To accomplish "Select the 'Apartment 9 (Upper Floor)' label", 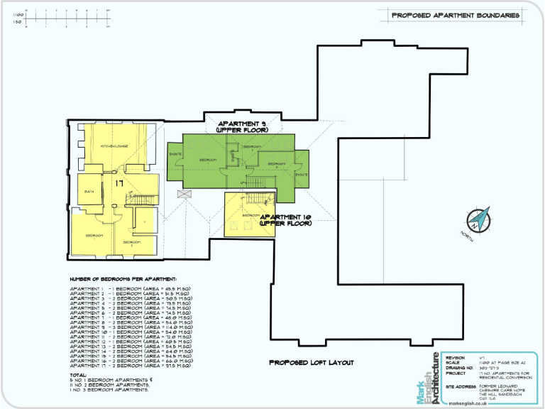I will click(243, 126).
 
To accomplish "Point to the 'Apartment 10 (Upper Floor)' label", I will click(286, 219).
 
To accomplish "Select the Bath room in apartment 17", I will click(89, 191).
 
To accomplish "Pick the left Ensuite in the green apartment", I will click(175, 153).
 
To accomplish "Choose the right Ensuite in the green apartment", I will click(301, 175).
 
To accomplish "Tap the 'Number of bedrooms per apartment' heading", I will click(123, 279).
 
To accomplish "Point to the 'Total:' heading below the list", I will click(78, 374).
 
